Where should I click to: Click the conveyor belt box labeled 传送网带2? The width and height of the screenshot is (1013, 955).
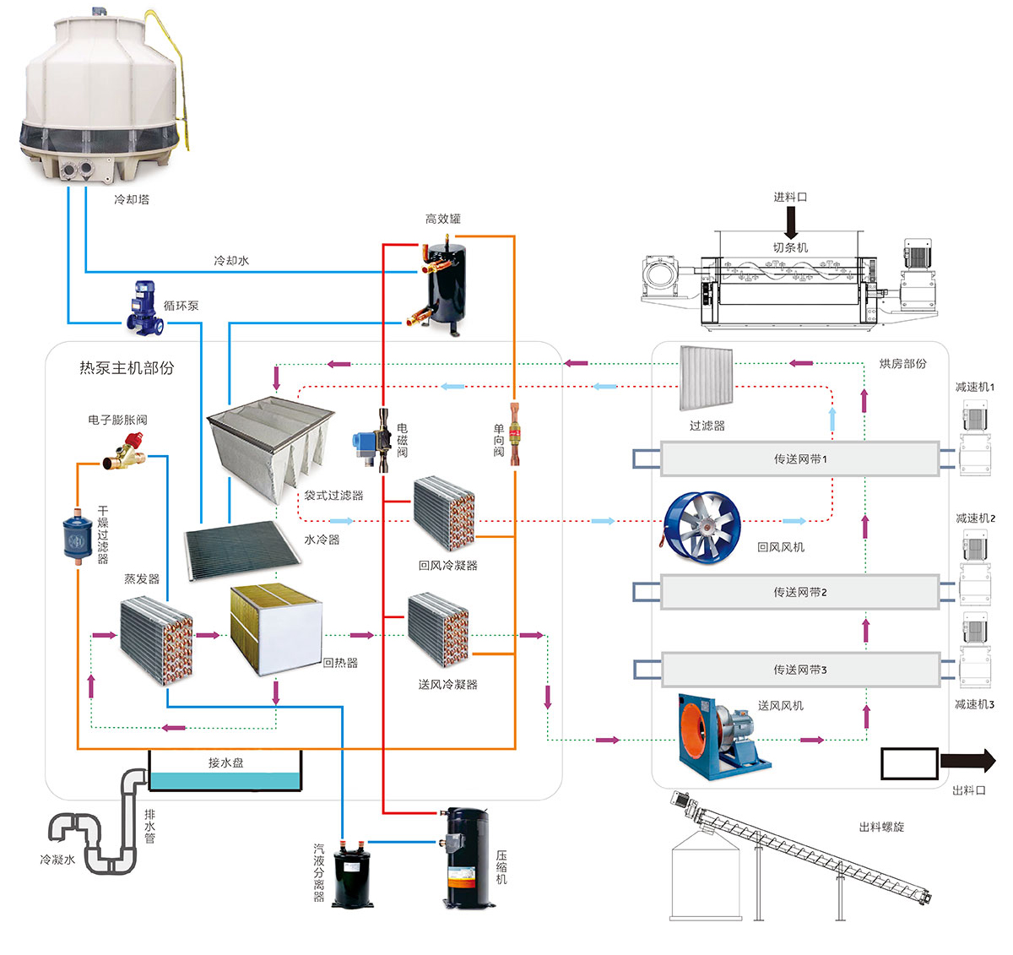coord(799,592)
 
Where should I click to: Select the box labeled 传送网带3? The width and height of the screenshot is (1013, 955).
coord(799,670)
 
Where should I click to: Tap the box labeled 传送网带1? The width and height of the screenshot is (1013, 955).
coord(799,459)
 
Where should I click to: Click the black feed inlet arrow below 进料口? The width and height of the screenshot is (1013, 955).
coord(791,222)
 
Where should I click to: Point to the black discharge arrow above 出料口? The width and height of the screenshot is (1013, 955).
coord(968,761)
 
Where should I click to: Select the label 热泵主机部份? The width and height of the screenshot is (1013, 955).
coord(127,368)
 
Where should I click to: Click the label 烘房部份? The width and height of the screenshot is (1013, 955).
coord(902,364)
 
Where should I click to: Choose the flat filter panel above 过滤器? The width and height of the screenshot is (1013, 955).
coord(707,379)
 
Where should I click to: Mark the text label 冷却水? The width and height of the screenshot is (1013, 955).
coord(230,261)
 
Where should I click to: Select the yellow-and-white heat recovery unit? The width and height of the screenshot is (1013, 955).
coord(276,628)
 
